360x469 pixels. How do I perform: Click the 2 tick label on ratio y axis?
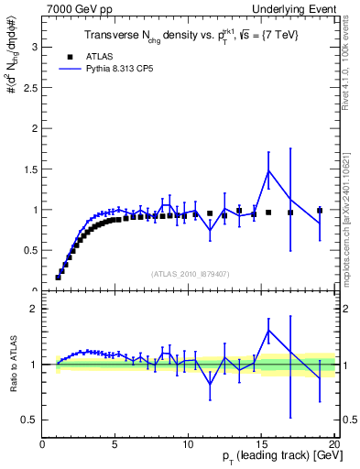34,309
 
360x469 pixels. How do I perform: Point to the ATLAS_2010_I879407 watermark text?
190,273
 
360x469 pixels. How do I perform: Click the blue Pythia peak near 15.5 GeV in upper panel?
268,170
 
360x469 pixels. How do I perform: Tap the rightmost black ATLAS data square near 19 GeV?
319,211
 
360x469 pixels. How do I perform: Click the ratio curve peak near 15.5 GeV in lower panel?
268,331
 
